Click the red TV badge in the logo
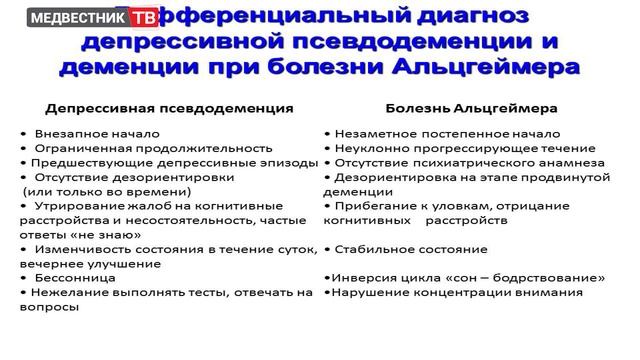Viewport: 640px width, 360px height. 148,18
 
